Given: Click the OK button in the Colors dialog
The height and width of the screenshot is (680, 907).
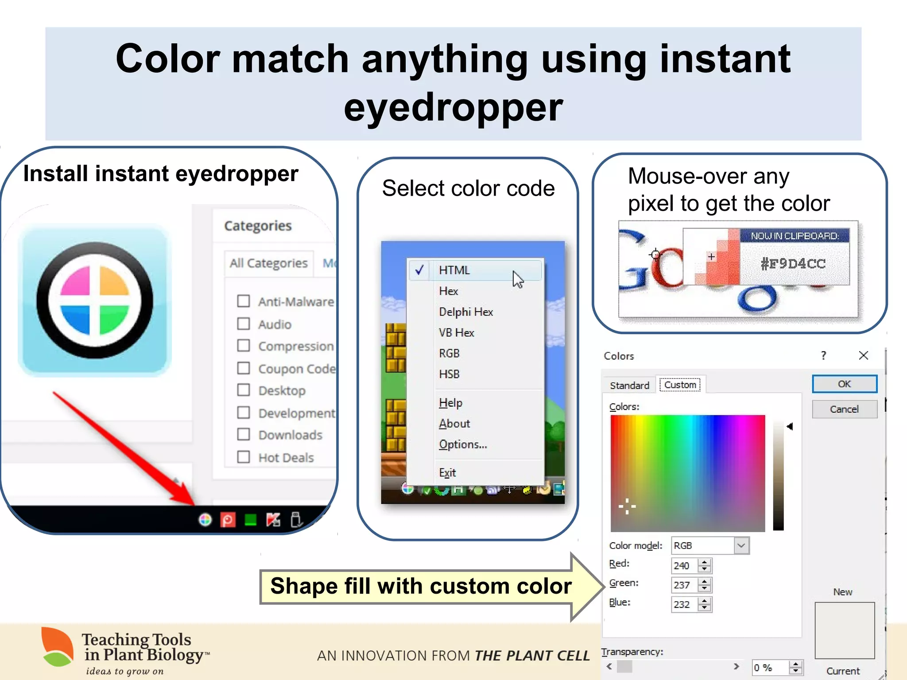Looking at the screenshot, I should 844,384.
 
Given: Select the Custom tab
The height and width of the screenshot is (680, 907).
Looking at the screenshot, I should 680,385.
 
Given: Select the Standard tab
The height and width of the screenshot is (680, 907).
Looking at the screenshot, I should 629,385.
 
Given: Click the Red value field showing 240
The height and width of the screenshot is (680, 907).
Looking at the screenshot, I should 683,565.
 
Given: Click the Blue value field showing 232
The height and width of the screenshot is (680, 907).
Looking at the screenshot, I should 683,604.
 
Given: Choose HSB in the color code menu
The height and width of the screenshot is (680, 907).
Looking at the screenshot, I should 449,374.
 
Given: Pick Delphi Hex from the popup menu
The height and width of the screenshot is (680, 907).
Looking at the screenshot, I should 465,312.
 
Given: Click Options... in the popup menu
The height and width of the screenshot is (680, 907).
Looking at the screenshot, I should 462,444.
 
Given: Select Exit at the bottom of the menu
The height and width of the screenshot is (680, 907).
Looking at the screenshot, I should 447,472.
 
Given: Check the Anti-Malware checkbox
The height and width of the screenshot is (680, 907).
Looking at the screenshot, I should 244,301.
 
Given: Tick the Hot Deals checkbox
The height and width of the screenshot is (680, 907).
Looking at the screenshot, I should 244,456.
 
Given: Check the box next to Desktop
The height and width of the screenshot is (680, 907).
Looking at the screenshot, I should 244,390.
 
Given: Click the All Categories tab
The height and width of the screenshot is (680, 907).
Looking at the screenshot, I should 268,263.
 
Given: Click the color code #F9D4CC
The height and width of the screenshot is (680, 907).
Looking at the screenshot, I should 793,264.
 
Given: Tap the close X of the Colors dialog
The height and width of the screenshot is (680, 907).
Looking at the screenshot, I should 863,355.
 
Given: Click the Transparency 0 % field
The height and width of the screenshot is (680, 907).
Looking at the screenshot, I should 770,667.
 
